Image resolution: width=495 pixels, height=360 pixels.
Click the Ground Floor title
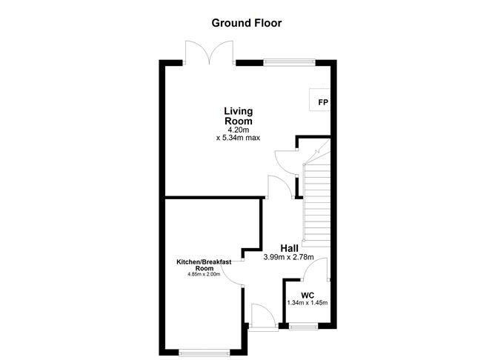(247, 23)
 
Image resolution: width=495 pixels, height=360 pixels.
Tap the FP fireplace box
(323, 102)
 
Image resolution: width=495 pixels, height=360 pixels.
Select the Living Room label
(239, 116)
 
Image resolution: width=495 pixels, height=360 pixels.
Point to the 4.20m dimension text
(239, 130)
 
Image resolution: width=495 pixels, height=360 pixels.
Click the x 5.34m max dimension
(239, 138)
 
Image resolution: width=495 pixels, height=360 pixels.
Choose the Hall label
(290, 247)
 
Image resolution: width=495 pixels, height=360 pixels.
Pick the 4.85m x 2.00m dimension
(204, 275)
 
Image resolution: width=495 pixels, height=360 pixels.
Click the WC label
(308, 295)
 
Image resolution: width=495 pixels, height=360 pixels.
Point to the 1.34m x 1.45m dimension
(308, 303)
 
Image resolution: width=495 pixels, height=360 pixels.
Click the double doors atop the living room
(211, 53)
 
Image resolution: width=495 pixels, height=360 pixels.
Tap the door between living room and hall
(274, 187)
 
